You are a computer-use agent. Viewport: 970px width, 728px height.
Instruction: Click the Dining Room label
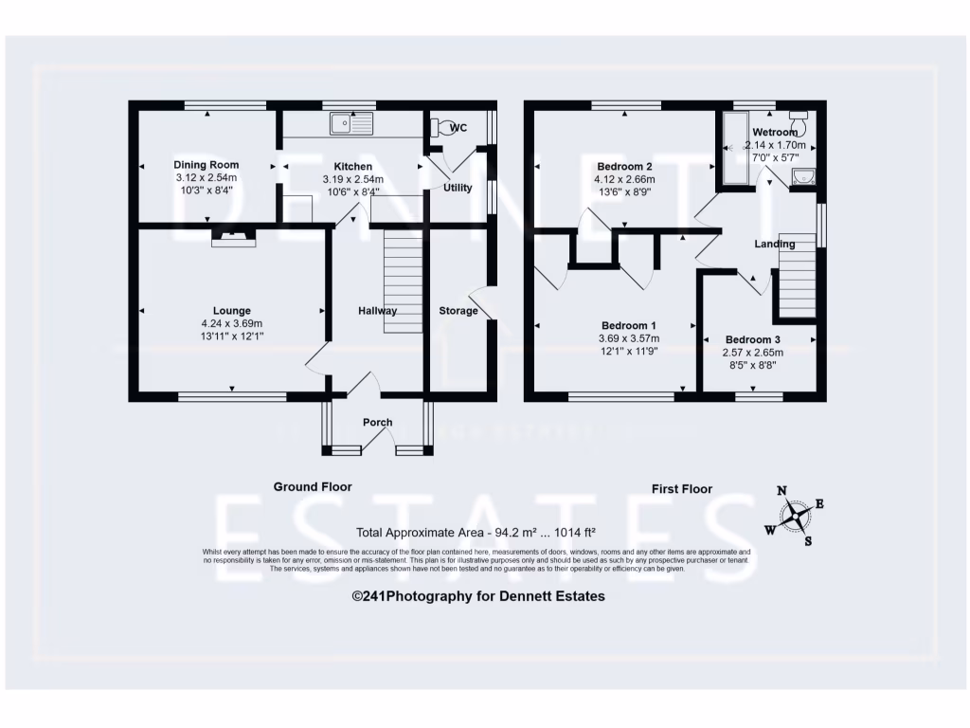pos(206,165)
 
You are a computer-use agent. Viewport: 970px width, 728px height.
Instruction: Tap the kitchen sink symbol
pos(352,122)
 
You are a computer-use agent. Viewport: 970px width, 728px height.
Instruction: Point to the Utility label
pos(458,188)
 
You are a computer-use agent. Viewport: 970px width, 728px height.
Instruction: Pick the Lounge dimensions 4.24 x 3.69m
pos(232,323)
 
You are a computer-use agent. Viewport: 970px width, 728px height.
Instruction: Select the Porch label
pos(377,423)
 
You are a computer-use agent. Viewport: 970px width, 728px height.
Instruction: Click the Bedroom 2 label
pos(624,166)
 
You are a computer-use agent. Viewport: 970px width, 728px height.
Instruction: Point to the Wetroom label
pos(775,132)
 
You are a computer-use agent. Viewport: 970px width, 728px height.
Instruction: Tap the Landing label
pos(774,245)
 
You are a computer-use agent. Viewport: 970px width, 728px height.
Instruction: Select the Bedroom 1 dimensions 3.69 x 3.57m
pos(628,338)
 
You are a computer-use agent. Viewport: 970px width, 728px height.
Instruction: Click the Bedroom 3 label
pos(753,339)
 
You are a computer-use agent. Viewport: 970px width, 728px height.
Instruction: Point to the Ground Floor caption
pos(313,487)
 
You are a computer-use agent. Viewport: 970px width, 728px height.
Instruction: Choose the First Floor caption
pos(681,489)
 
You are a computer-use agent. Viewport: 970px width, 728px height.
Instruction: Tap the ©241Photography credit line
pos(477,596)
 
